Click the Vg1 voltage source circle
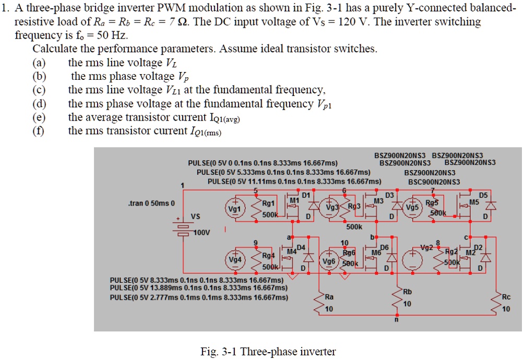(x=235, y=207)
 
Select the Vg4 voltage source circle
(x=235, y=258)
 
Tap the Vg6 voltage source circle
(x=329, y=259)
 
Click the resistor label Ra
(x=329, y=297)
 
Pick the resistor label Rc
(x=506, y=297)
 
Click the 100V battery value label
(x=202, y=233)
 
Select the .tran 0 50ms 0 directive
(x=151, y=202)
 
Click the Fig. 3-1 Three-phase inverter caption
(x=268, y=351)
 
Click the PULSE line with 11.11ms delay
(x=294, y=181)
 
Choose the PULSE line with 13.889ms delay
(x=199, y=288)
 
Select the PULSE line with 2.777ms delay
(x=199, y=297)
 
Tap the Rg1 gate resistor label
(x=268, y=204)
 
